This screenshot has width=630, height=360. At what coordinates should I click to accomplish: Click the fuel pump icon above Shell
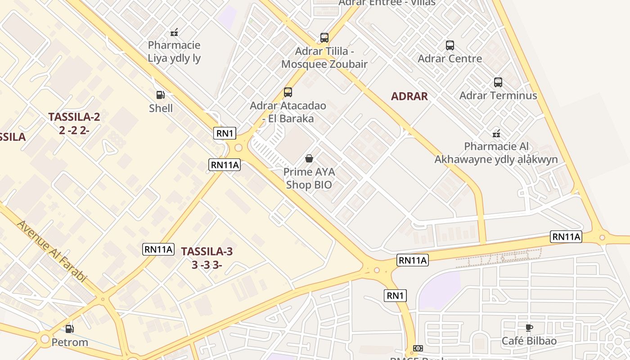160,95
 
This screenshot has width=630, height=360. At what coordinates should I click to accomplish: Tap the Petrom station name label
70,342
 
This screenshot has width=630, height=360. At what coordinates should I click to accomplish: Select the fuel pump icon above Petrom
69,329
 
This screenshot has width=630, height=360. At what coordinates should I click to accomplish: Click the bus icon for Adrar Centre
450,45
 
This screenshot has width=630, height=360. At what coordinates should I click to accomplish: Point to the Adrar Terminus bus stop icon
498,82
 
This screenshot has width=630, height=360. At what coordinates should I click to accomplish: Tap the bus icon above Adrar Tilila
324,38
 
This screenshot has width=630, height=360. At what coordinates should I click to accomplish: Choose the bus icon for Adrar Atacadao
288,92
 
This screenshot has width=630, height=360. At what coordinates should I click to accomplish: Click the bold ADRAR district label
409,96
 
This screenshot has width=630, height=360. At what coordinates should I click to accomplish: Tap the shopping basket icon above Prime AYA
309,158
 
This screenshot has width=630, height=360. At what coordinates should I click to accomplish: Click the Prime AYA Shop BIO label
309,178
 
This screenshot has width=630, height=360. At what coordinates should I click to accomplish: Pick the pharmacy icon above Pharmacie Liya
174,32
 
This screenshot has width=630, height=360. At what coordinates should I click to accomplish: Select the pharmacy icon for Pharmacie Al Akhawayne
496,134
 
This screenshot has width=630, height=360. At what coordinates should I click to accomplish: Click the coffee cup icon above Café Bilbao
529,328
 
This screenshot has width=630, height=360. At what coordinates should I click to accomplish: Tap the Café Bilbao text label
529,341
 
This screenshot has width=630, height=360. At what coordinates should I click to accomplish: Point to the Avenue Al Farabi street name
51,251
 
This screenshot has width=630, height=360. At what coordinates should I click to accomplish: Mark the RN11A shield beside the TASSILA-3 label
158,249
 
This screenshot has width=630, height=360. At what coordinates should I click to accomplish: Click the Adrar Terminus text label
498,95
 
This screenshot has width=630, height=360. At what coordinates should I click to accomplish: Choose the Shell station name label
161,108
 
